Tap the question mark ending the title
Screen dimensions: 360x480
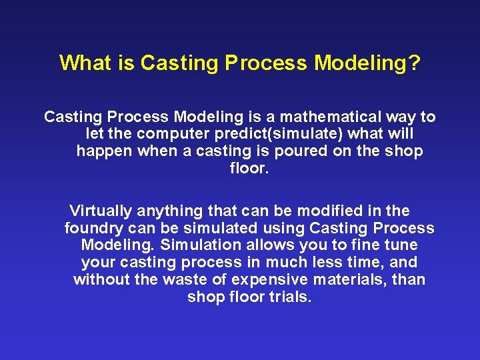[415, 63]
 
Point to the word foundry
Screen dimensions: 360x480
[92, 229]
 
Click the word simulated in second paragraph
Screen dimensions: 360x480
[225, 229]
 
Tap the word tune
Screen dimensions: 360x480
[402, 245]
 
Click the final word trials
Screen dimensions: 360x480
[291, 297]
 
